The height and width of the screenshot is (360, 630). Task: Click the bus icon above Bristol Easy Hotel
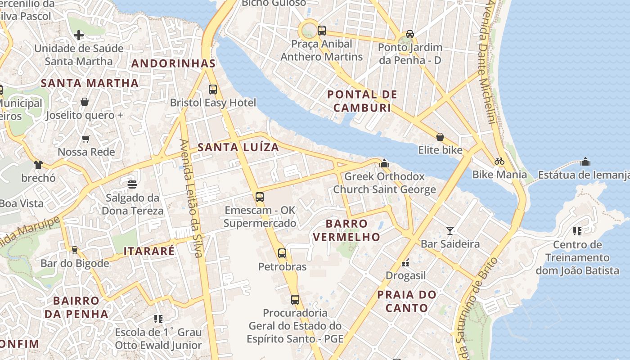pos(213,89)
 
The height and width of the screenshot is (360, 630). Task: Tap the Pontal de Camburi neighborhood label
pos(362,101)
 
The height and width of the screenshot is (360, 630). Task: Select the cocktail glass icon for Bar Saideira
pos(450,231)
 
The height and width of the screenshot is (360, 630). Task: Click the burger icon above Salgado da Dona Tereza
pos(132,184)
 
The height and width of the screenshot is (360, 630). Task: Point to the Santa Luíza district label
pos(238,147)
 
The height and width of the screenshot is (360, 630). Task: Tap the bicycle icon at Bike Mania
pos(499,161)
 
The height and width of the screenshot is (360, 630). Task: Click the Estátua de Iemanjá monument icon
pos(585,161)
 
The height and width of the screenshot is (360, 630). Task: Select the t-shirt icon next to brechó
pos(38,165)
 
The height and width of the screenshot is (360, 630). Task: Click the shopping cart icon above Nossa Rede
pos(86,139)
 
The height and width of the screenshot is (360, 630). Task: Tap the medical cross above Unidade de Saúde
pos(79,35)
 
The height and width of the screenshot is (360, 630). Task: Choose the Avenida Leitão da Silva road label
pos(191,198)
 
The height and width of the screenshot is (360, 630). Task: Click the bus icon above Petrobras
pos(282,253)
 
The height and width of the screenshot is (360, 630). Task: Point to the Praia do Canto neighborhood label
pos(407,301)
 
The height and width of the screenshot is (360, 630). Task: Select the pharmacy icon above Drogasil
pos(405,262)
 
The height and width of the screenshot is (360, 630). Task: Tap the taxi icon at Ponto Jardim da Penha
pos(409,34)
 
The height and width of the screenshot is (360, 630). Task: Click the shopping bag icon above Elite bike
pos(440,137)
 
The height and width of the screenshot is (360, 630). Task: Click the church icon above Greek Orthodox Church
pos(384,163)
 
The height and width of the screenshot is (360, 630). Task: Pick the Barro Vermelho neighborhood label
pos(346,230)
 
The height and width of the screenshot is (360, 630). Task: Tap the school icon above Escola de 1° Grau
pos(158,319)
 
